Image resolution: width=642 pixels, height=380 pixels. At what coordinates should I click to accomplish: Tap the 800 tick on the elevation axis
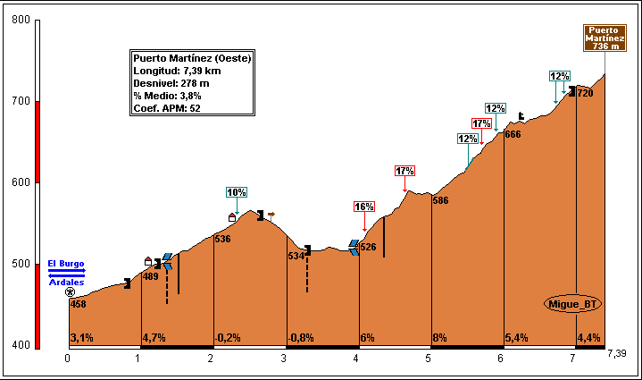point(20,21)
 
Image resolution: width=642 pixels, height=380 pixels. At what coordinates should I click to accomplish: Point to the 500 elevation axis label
point(20,264)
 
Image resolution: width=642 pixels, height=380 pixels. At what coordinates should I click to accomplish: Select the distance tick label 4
point(356,359)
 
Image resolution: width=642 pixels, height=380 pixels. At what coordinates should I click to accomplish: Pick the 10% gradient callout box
point(236,192)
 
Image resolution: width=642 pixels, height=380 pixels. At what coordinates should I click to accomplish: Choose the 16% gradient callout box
point(363,207)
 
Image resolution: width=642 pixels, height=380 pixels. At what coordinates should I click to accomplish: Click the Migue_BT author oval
point(572,304)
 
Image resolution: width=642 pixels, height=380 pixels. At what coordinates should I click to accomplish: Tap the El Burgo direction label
point(65,264)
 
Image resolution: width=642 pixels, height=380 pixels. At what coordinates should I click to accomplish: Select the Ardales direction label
point(66,283)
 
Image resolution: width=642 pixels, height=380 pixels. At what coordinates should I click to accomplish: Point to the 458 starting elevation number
point(79,305)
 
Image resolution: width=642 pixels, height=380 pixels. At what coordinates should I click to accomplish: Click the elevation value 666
point(513,134)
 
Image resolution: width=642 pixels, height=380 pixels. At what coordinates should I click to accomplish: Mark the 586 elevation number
point(440,200)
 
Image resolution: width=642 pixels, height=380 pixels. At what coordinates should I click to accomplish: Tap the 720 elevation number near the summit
point(586,93)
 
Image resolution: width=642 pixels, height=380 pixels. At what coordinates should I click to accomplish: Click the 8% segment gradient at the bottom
point(439,338)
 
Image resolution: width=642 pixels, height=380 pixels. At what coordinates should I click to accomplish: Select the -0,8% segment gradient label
point(301,338)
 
